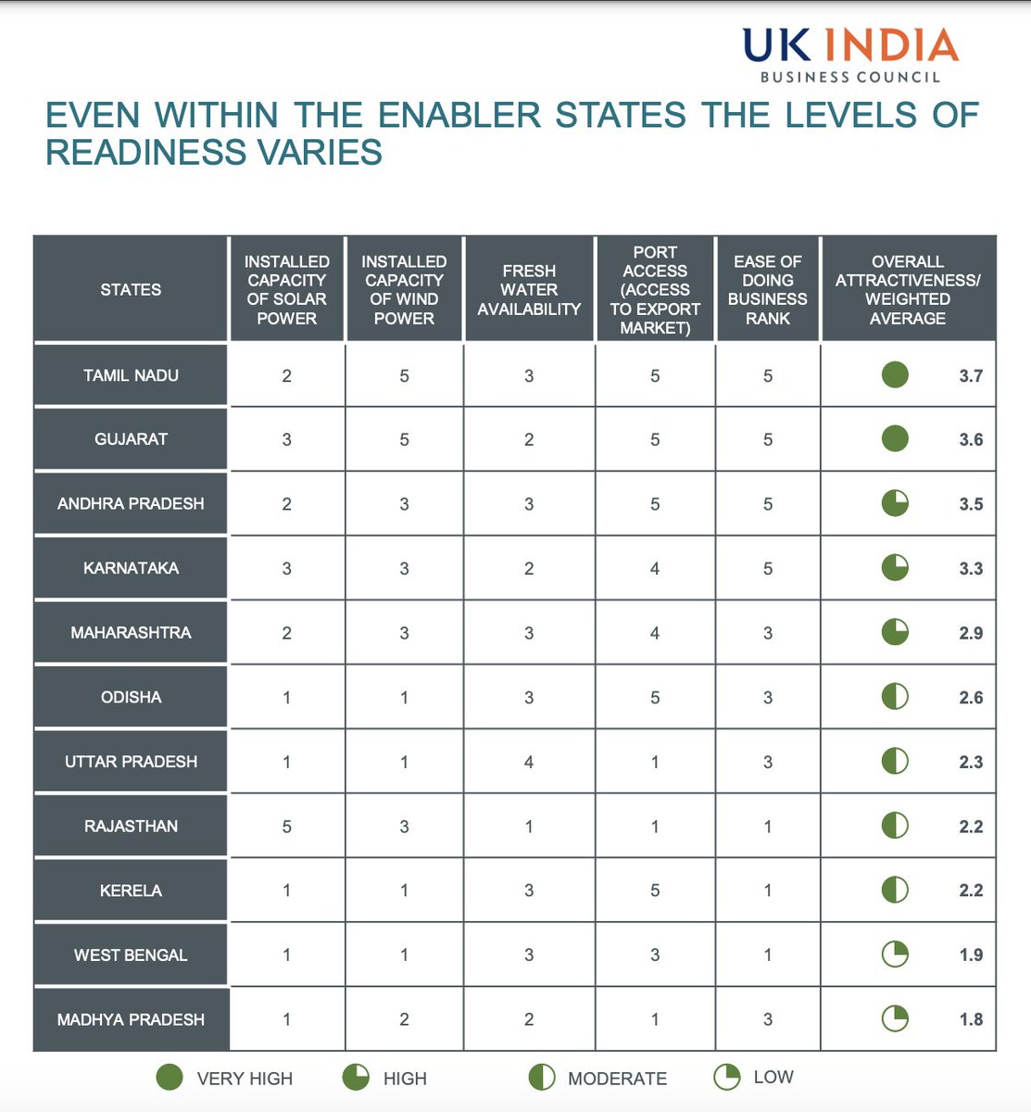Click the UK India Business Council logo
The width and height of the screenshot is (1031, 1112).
click(x=849, y=54)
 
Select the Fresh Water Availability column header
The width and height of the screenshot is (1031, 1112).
click(x=529, y=289)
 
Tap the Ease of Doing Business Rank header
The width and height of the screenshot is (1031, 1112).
click(x=767, y=289)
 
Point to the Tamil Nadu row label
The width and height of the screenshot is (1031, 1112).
click(x=131, y=375)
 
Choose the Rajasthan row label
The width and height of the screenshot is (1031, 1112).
click(x=131, y=826)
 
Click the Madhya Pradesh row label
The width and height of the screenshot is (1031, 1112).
click(x=131, y=1019)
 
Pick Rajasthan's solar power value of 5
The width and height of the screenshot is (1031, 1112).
click(x=287, y=827)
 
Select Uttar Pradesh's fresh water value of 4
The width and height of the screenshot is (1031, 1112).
click(x=529, y=762)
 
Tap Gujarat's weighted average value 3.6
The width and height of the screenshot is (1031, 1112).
click(x=971, y=440)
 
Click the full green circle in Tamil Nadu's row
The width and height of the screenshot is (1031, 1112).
click(x=895, y=374)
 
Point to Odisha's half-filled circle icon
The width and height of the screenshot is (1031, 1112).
click(x=895, y=697)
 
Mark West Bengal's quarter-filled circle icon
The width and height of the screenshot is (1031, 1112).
click(x=895, y=954)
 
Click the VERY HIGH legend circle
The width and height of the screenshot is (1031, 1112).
click(x=170, y=1077)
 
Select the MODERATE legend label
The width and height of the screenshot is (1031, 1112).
click(x=617, y=1079)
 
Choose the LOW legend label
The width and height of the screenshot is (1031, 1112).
click(x=773, y=1077)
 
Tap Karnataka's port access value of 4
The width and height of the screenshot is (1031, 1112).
click(x=655, y=569)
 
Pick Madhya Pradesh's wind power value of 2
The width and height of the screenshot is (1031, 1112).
click(x=404, y=1019)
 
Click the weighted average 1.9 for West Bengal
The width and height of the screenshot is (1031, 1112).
click(x=971, y=955)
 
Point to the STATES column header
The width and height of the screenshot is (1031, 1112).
click(x=131, y=289)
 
